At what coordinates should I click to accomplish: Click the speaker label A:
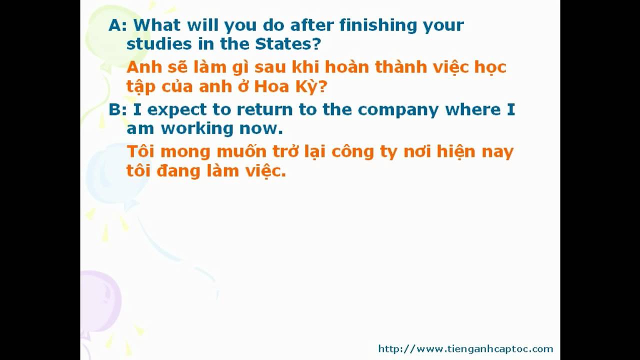tap(117, 25)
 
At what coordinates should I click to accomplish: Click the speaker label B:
tap(117, 109)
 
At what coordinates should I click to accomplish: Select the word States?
tap(288, 44)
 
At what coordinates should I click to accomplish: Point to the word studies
tap(159, 44)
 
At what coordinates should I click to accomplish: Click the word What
tap(157, 25)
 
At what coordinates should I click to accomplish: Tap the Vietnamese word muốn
tap(241, 151)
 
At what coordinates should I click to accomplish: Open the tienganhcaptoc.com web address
tap(465, 349)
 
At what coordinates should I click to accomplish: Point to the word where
tap(473, 109)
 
